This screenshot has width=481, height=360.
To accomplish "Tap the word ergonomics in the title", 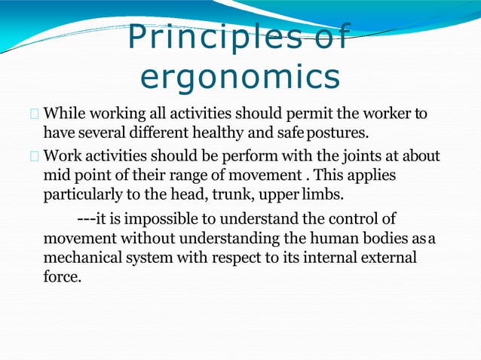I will coord(240,78).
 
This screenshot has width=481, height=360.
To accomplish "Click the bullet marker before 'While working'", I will coord(34,115).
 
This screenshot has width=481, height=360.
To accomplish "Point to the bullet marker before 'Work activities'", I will coord(34,157).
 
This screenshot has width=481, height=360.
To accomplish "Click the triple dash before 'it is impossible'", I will coord(86,219).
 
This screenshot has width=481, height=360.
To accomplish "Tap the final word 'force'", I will coord(61,276).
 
